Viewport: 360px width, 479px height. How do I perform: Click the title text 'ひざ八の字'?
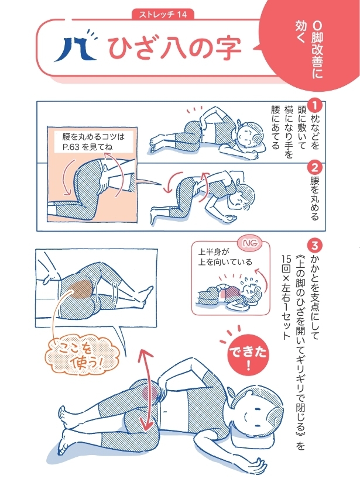point(174,50)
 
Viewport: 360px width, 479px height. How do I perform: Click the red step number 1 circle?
point(314,105)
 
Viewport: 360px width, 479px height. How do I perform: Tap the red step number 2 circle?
point(314,166)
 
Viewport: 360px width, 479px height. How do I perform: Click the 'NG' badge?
point(247,241)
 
